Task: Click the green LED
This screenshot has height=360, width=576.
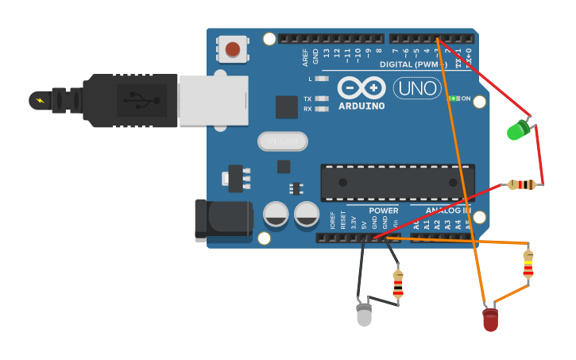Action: (x=518, y=130)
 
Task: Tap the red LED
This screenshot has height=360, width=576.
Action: (x=490, y=319)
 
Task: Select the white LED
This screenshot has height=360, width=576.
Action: (x=364, y=314)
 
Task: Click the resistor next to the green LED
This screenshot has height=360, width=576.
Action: (x=522, y=185)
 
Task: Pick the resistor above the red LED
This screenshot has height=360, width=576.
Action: (x=528, y=265)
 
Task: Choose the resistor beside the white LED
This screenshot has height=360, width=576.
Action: (x=398, y=284)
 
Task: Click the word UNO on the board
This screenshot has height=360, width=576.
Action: (x=417, y=88)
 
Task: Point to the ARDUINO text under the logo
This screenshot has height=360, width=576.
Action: (x=361, y=106)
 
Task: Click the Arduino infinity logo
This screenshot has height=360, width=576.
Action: (x=361, y=87)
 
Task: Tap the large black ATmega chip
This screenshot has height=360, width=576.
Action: (x=397, y=182)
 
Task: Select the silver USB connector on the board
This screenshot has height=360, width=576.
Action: (x=213, y=101)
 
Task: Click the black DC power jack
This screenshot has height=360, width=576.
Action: (x=222, y=219)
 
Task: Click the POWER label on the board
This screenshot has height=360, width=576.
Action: (x=384, y=211)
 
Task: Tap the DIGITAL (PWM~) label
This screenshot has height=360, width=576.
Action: (x=413, y=64)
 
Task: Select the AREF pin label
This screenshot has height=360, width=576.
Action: (x=305, y=56)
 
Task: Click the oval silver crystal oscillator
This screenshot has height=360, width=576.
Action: (x=282, y=141)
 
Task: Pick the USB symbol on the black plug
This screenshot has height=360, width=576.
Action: (x=141, y=101)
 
